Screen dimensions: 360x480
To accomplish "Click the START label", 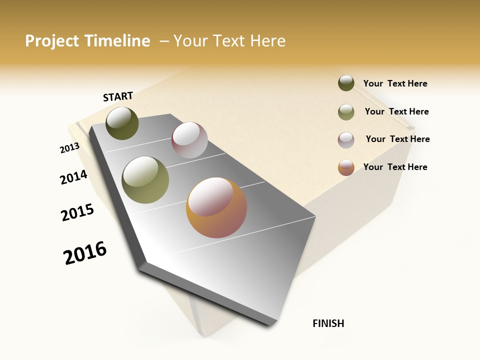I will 118,96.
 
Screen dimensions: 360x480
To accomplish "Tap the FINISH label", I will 328,323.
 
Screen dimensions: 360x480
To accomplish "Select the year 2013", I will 69,148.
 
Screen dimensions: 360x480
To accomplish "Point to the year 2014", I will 73,177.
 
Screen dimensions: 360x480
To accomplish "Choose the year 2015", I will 77,212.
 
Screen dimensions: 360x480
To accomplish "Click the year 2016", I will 85,253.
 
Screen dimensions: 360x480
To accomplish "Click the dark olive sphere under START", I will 122,123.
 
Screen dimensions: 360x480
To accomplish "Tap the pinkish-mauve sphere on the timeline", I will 189,140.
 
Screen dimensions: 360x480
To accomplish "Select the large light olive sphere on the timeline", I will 145,180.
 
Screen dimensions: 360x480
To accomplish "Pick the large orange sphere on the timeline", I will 216,207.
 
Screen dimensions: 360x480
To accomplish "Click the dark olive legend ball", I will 346,83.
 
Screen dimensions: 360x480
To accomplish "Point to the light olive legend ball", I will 346,112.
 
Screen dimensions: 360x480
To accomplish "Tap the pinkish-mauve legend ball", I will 346,140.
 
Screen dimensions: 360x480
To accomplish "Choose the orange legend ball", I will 346,167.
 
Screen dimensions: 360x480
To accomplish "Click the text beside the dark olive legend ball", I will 395,83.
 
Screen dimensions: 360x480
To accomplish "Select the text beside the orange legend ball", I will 395,167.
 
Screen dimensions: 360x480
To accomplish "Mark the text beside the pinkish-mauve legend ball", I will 397,139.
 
